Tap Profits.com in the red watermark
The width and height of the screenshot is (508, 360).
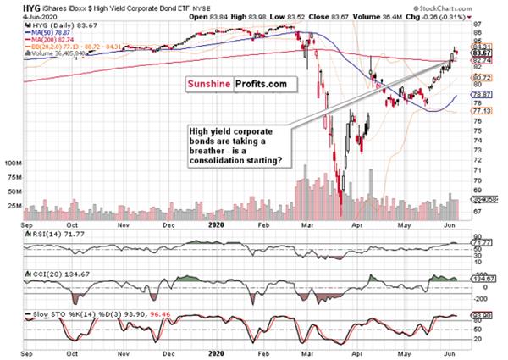[x=262, y=85]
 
